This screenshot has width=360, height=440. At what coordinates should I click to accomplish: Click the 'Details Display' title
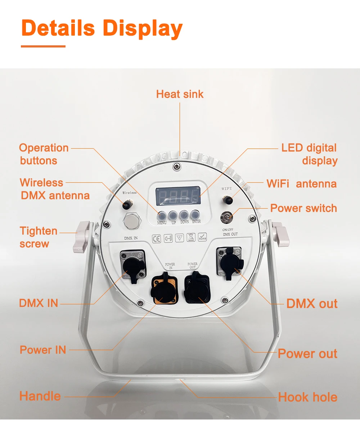pyautogui.click(x=102, y=28)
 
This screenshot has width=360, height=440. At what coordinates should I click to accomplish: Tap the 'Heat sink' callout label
pyautogui.click(x=180, y=94)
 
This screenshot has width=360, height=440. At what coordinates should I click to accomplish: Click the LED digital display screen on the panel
pyautogui.click(x=178, y=196)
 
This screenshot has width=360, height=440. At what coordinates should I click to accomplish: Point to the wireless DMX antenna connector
pyautogui.click(x=126, y=205)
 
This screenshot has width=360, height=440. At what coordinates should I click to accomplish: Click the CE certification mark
pyautogui.click(x=157, y=239)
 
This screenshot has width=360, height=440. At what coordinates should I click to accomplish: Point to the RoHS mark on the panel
pyautogui.click(x=202, y=237)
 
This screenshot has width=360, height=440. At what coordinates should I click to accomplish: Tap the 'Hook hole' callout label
pyautogui.click(x=308, y=397)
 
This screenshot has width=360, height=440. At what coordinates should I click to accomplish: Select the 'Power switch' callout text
pyautogui.click(x=303, y=208)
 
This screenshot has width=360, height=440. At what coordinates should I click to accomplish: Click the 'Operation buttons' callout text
pyautogui.click(x=44, y=154)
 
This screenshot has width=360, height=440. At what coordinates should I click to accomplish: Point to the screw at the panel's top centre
pyautogui.click(x=176, y=166)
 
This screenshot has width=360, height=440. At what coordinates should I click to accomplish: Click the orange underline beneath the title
pyautogui.click(x=43, y=46)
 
